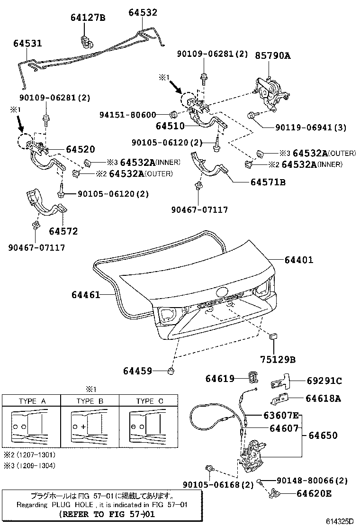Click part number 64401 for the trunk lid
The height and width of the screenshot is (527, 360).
click(299, 260)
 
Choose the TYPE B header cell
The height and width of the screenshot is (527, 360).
click(90, 401)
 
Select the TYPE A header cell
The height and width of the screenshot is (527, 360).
click(32, 401)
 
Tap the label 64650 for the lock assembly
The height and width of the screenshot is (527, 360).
click(324, 435)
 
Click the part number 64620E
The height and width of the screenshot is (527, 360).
click(314, 493)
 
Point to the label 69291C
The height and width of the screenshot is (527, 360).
click(324, 381)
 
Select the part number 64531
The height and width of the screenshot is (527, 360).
click(27, 43)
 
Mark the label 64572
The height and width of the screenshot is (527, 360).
click(63, 231)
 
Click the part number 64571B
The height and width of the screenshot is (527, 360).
click(268, 182)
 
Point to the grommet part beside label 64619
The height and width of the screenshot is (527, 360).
click(254, 378)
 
